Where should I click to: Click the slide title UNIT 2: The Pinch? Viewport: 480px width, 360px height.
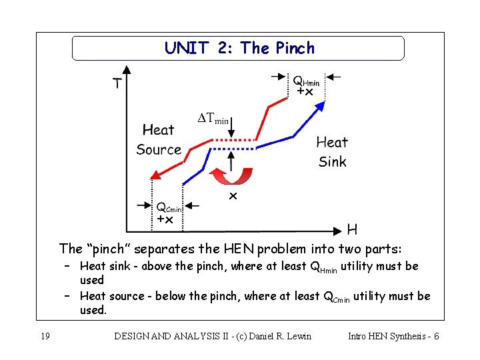click(x=239, y=48)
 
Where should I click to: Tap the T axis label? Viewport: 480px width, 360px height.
click(x=117, y=84)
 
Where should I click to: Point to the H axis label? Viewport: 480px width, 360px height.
click(x=352, y=230)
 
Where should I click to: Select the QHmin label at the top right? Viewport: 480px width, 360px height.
click(x=306, y=80)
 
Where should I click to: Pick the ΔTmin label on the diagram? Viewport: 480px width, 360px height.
click(x=214, y=119)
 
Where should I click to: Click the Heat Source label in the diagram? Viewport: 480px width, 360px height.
click(x=159, y=139)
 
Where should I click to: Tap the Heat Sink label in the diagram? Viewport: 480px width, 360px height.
click(x=332, y=151)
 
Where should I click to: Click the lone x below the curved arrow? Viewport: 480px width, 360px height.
click(x=233, y=196)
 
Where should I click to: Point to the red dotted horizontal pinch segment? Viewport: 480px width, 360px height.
click(x=233, y=140)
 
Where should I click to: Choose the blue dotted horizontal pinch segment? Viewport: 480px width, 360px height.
click(x=233, y=149)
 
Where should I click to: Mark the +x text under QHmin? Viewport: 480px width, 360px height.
click(x=305, y=91)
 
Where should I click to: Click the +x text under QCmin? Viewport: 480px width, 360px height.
click(x=165, y=219)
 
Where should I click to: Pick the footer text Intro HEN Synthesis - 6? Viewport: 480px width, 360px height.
click(x=393, y=336)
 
